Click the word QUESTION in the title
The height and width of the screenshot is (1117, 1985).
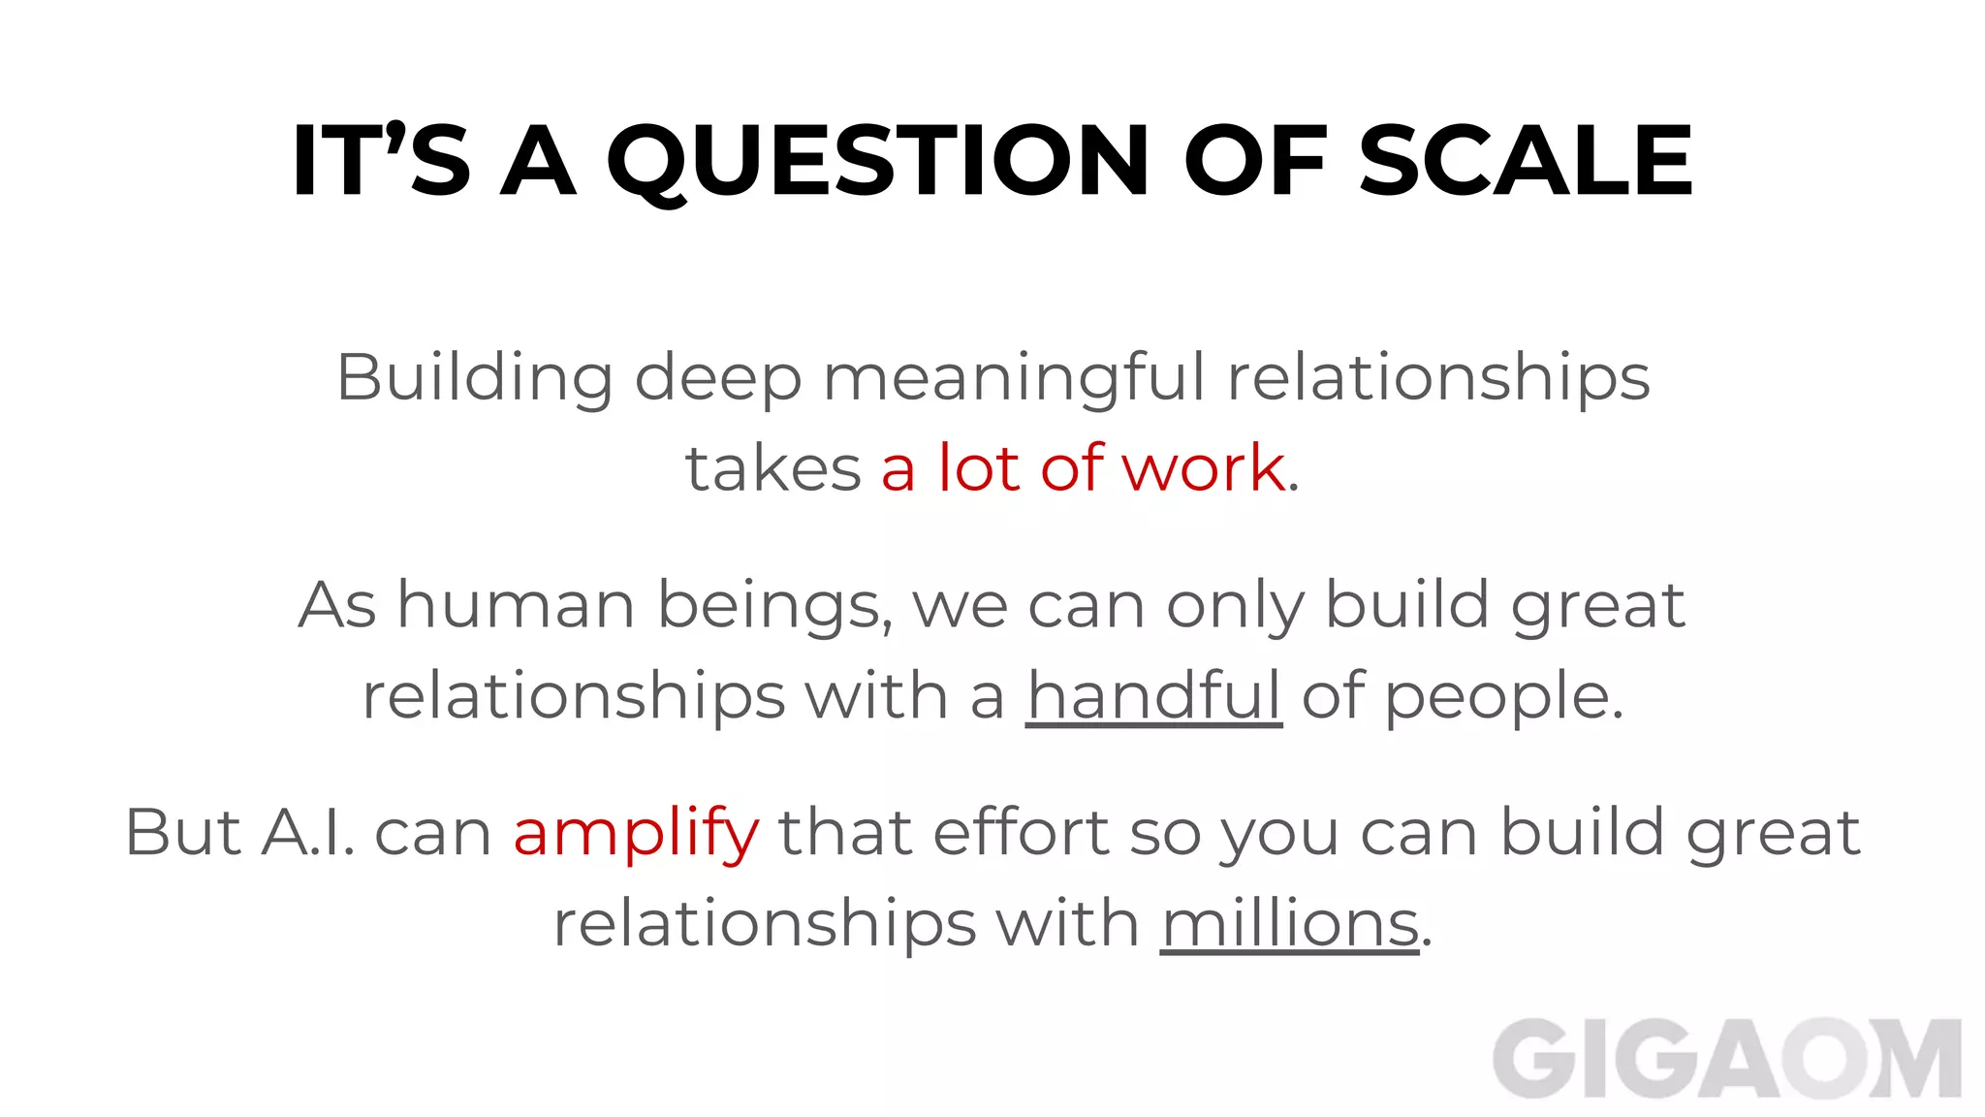[x=877, y=161]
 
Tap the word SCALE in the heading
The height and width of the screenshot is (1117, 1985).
[x=1526, y=161]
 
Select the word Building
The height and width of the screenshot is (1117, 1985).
[x=474, y=378]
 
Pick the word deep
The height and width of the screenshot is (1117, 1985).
[x=718, y=378]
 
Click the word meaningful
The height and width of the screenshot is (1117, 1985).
[x=1014, y=378]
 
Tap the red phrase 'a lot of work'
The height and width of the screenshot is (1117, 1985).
[x=1083, y=468]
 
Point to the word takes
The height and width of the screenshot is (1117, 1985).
[x=773, y=468]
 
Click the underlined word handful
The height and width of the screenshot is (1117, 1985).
[x=1153, y=696]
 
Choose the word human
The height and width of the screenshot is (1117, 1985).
[x=516, y=605]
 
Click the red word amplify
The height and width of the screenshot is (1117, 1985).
[x=636, y=834]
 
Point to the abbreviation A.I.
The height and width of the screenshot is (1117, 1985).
[x=308, y=832]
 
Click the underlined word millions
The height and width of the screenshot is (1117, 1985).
[x=1290, y=923]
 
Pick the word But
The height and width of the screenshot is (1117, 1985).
[x=183, y=832]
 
